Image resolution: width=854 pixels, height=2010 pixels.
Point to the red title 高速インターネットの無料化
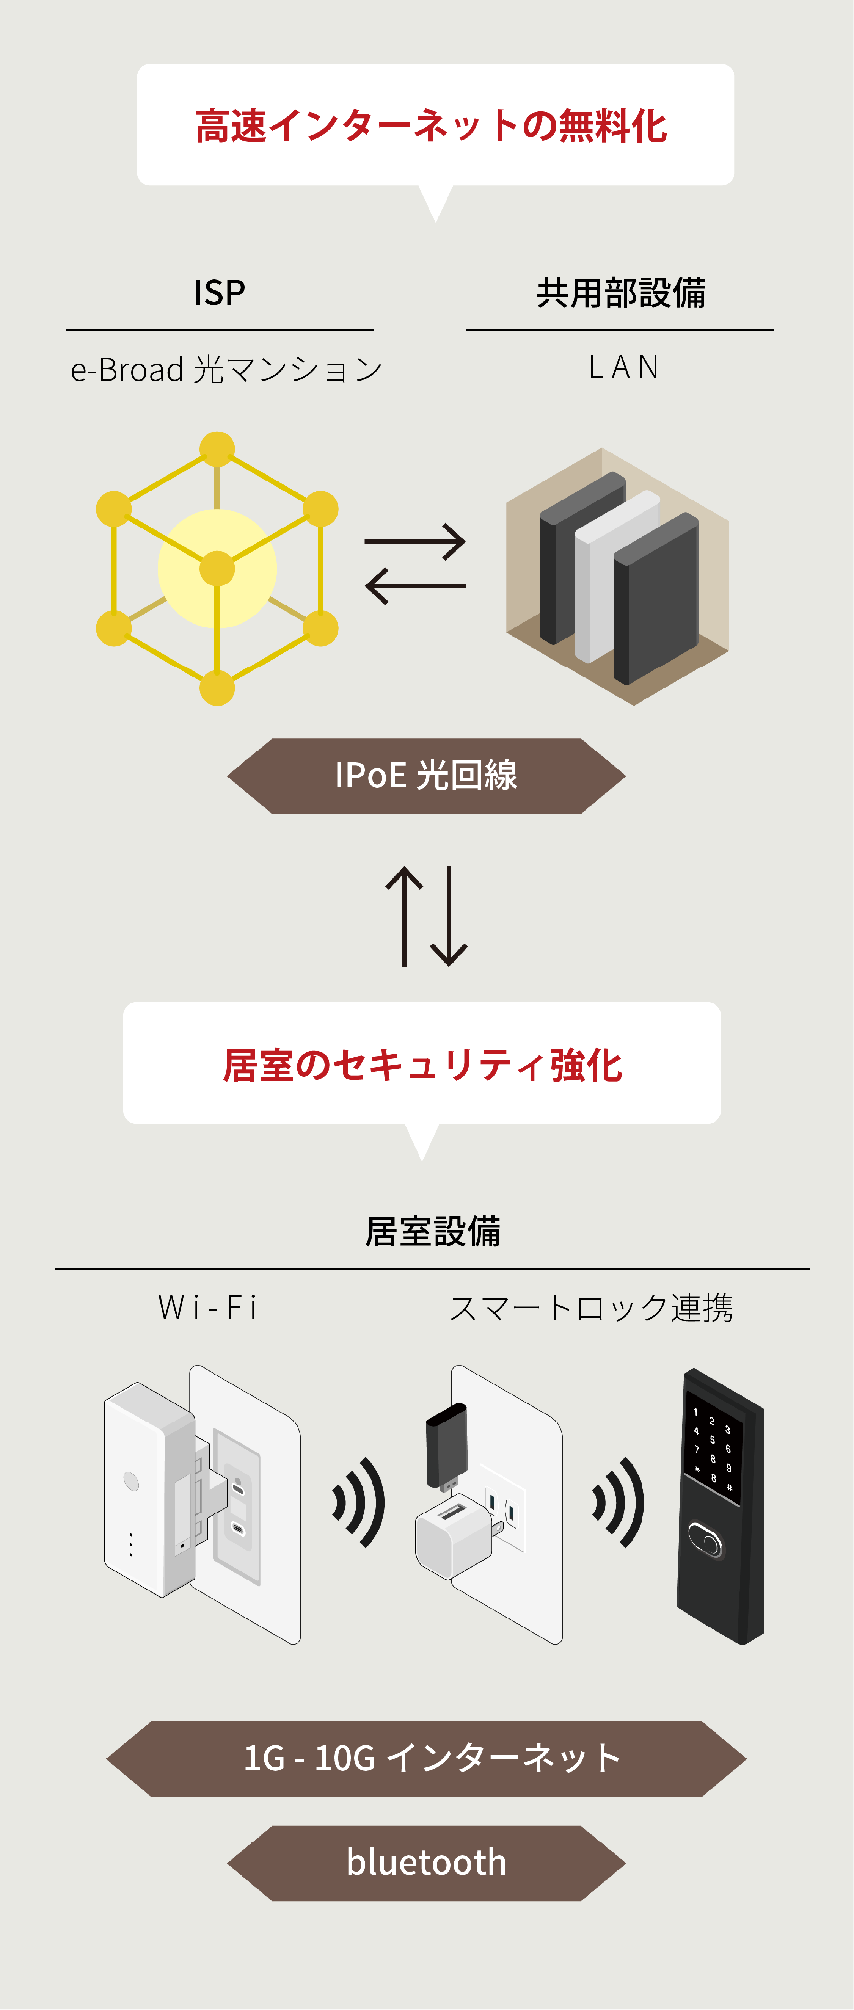(432, 126)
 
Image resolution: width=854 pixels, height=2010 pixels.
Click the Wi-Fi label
(208, 1307)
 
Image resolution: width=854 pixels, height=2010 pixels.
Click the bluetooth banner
(426, 1863)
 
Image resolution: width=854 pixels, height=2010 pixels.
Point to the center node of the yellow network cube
(217, 569)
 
